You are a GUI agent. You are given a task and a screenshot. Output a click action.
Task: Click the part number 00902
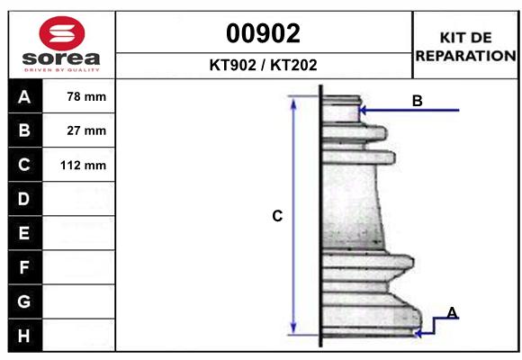[x=263, y=33]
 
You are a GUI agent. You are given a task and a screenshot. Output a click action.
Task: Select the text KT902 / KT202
[x=263, y=66]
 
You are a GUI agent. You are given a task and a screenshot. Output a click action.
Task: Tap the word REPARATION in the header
[x=465, y=55]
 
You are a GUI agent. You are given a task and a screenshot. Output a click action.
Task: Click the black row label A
[x=23, y=97]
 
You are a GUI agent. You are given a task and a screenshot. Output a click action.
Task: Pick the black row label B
[x=23, y=130]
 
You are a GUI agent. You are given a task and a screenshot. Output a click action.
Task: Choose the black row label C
[x=23, y=165]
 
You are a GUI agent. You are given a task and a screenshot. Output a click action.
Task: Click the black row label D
[x=23, y=199]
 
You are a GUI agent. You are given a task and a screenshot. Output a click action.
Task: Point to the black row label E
[x=23, y=233]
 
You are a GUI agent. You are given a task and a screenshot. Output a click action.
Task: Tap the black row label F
[x=23, y=267]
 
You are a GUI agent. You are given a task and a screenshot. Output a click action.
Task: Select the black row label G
[x=23, y=301]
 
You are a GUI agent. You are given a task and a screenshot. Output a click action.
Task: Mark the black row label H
[x=23, y=336]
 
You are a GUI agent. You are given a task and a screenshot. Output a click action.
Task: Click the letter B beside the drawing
[x=417, y=102]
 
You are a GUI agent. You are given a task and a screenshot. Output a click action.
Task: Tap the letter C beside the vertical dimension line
[x=277, y=216]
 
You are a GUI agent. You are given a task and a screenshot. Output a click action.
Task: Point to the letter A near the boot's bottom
[x=452, y=312]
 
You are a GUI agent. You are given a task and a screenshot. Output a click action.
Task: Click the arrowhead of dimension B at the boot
[x=363, y=111]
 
